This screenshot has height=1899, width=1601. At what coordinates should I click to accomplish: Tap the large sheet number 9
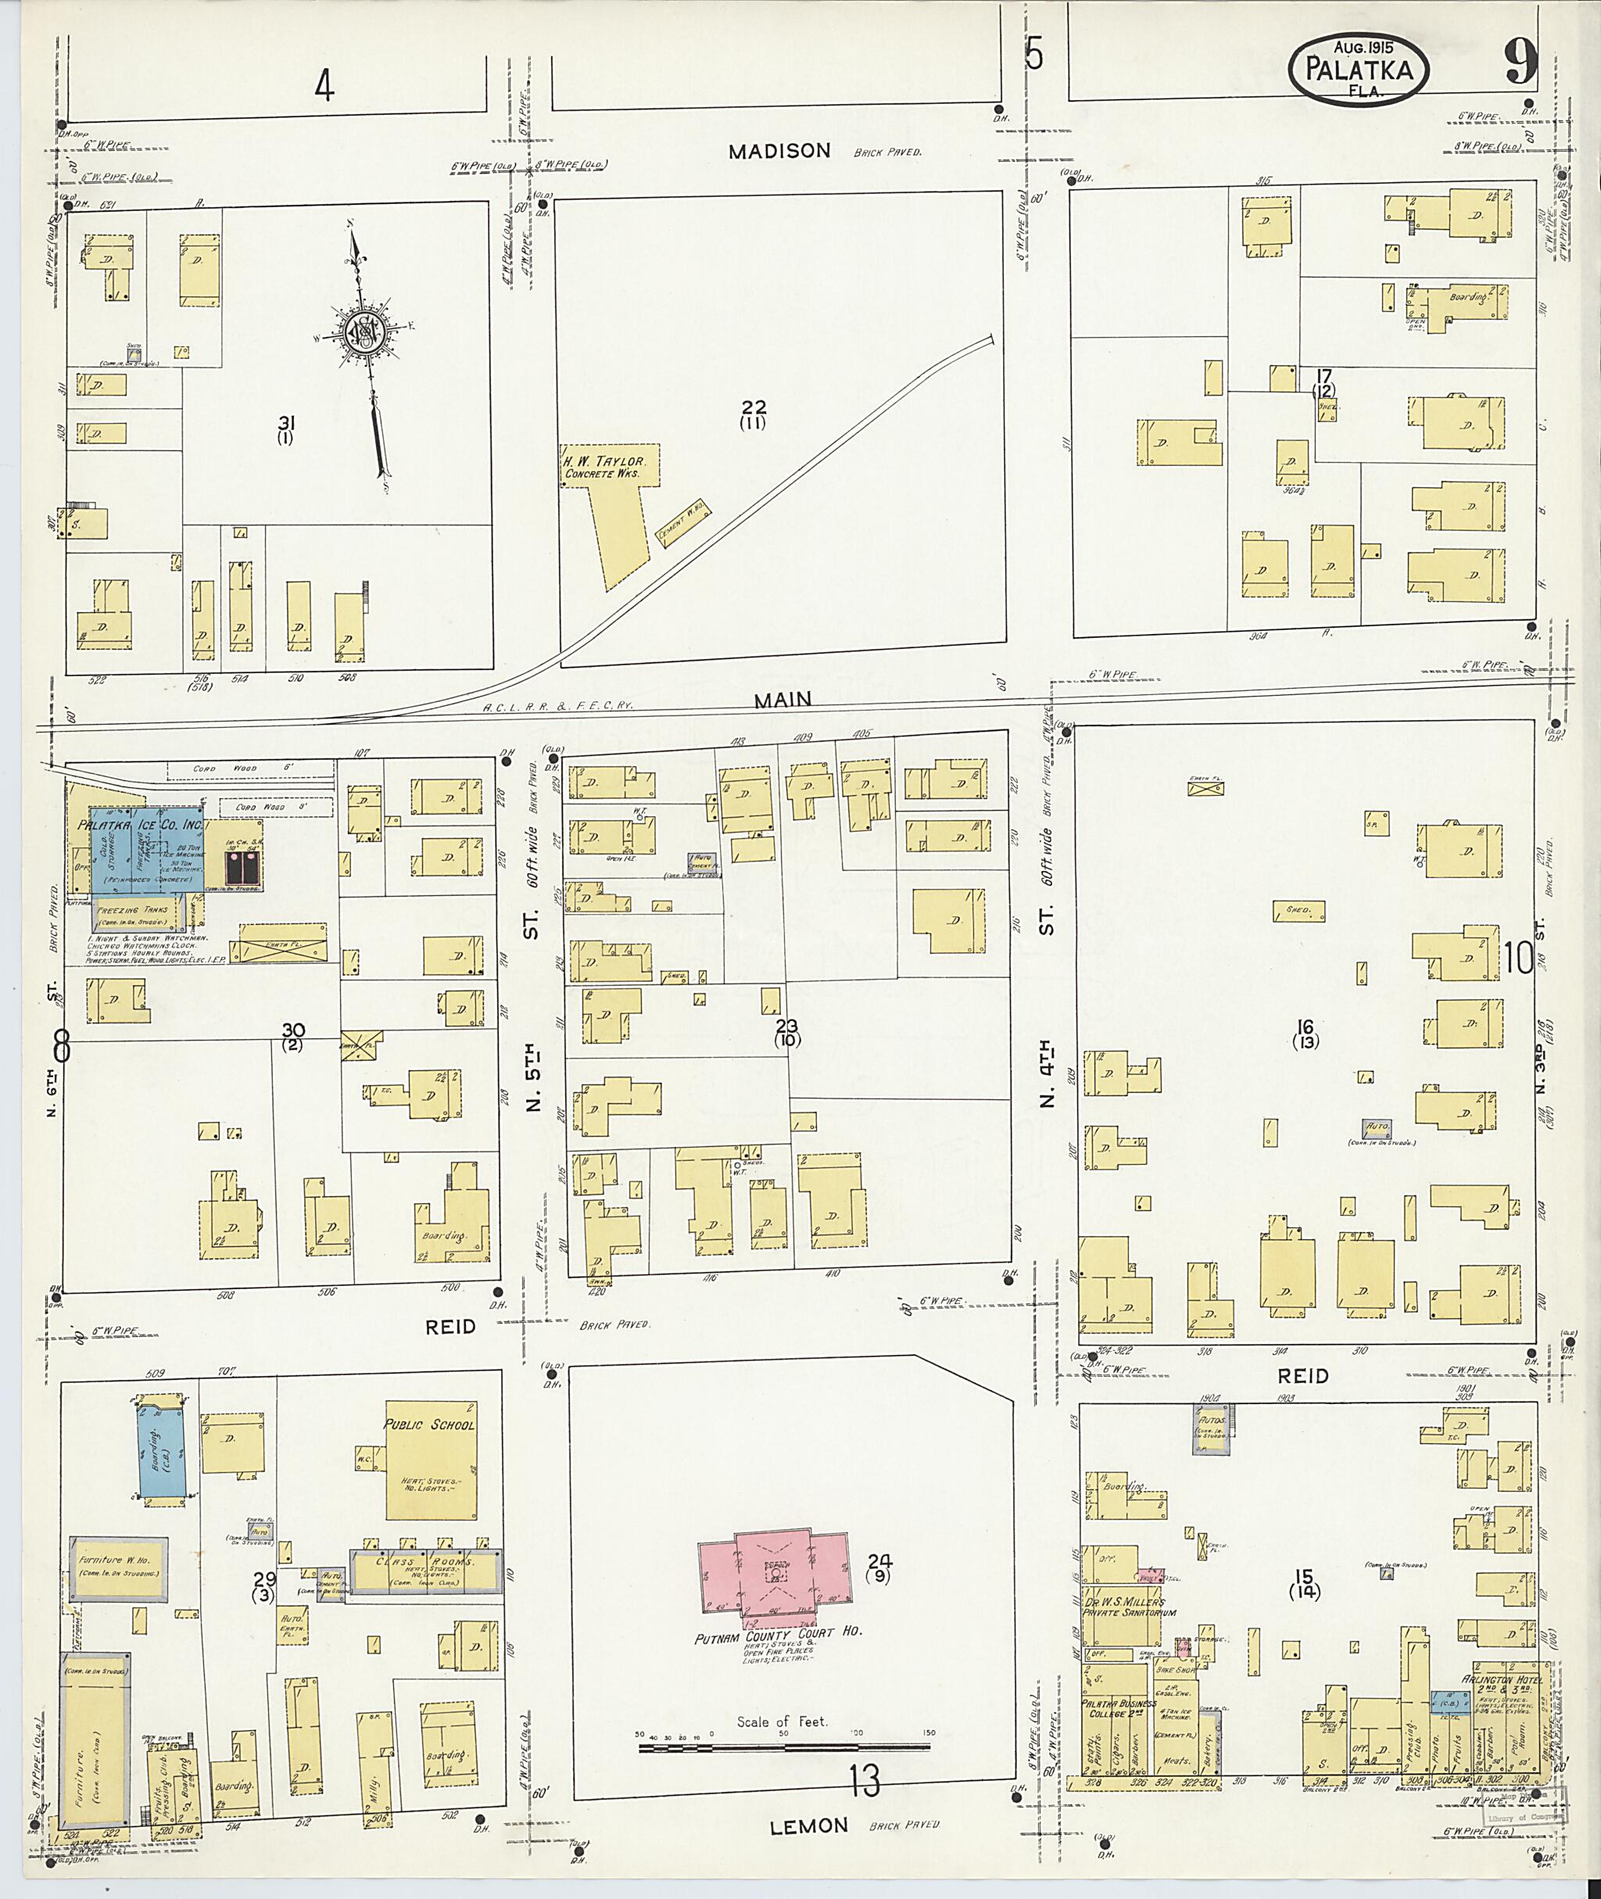pos(1521,63)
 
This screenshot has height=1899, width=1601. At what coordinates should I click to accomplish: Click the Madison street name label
pos(779,151)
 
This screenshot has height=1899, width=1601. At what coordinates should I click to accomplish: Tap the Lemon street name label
pos(808,1826)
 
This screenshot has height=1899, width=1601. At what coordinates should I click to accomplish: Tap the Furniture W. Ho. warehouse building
pos(119,1568)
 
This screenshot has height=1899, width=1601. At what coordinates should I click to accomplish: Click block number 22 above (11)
pos(754,407)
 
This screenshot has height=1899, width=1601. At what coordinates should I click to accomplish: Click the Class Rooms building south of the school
pos(424,1571)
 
